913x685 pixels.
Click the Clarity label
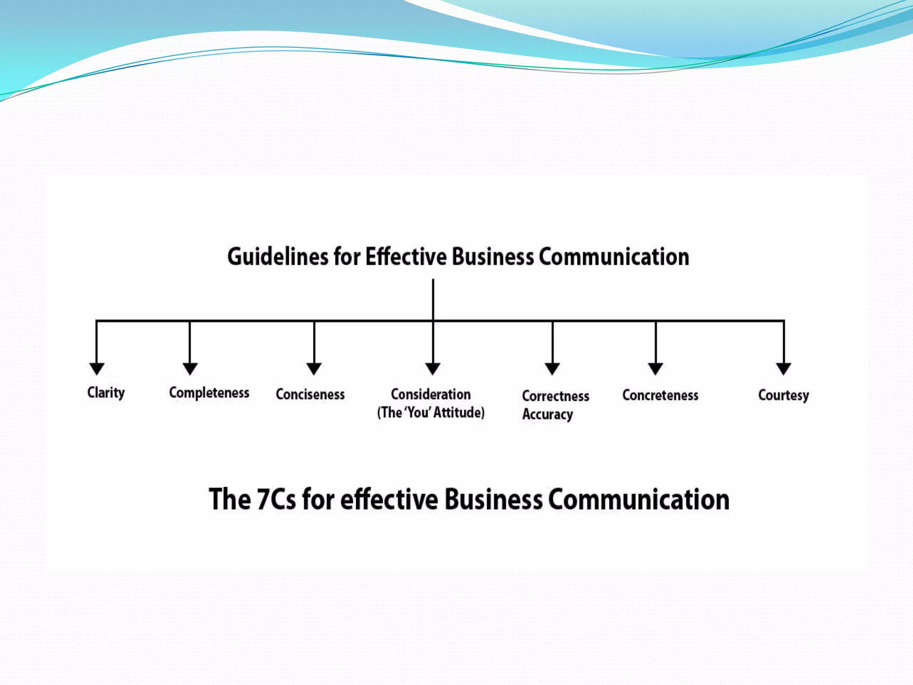[x=106, y=393]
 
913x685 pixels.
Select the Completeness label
[x=209, y=393]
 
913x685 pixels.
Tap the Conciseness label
[x=310, y=395]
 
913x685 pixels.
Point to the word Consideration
[x=431, y=395]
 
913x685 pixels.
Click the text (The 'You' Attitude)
[x=431, y=413]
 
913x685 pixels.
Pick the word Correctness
[x=555, y=396]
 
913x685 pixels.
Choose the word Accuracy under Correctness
[x=547, y=414]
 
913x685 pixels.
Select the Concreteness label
[x=660, y=396]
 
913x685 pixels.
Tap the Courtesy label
[x=783, y=396]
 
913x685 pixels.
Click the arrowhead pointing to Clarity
[x=97, y=369]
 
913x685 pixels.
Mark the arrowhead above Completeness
[x=190, y=369]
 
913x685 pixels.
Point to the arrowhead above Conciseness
[x=314, y=369]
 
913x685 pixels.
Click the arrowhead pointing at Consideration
[x=433, y=369]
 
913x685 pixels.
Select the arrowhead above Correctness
[x=552, y=369]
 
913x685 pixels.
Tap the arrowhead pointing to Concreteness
[x=655, y=369]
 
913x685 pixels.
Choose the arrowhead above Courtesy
[x=784, y=369]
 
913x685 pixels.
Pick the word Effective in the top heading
[x=406, y=257]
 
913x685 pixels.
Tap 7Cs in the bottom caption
[x=276, y=499]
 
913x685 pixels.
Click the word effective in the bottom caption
[x=389, y=499]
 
